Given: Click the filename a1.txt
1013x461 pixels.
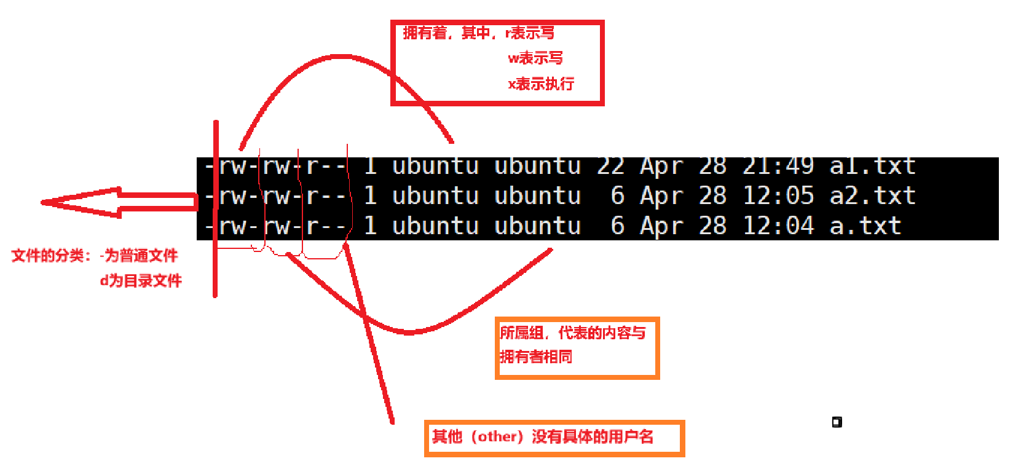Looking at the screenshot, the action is (x=872, y=166).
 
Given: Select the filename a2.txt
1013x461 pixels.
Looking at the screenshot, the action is (x=872, y=196).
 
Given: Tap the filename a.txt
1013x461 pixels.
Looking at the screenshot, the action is (x=865, y=226).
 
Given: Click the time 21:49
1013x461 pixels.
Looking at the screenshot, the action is (x=778, y=166).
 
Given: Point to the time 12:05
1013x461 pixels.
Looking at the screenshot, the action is (x=778, y=196).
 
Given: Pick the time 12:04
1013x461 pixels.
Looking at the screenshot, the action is (x=778, y=226).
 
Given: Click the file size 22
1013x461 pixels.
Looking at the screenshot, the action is (x=610, y=166).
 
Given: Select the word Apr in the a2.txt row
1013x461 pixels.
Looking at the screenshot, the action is (x=661, y=196).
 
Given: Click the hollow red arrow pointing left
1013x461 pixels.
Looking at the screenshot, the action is (x=117, y=202).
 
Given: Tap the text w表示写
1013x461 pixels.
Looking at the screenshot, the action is (x=535, y=58).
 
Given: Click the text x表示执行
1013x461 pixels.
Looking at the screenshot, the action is (x=541, y=84).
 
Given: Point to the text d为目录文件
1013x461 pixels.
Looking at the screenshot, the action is (x=141, y=281).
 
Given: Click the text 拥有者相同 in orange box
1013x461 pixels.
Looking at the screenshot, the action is (x=535, y=357).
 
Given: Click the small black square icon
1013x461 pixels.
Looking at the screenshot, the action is (x=837, y=422).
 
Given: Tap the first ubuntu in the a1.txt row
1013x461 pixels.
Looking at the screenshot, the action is (x=435, y=166).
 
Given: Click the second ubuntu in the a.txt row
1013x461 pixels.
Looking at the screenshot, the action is (x=537, y=226).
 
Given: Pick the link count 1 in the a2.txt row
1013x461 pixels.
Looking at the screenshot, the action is (x=370, y=196).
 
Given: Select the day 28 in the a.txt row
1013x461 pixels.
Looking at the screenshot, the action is (x=712, y=226).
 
